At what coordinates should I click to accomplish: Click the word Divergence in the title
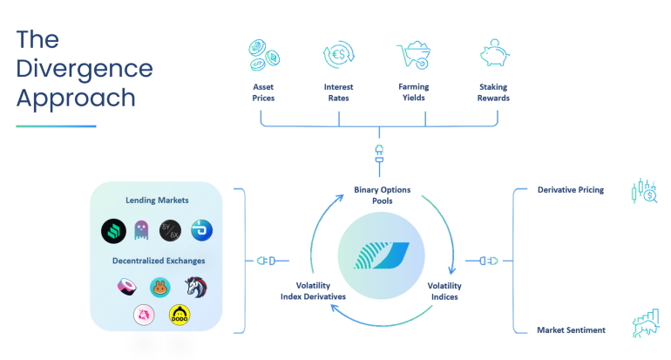(x=85, y=68)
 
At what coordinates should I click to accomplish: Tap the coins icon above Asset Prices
(x=263, y=54)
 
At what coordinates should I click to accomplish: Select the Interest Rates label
(x=337, y=92)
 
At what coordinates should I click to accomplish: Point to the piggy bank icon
(x=493, y=54)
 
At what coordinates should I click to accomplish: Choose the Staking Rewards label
(x=493, y=92)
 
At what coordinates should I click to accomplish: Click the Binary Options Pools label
(x=382, y=194)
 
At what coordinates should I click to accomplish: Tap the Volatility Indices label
(x=444, y=291)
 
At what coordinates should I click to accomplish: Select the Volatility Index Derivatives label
(x=313, y=291)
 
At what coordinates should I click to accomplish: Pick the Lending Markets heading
(x=157, y=200)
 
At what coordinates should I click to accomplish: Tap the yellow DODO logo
(x=180, y=314)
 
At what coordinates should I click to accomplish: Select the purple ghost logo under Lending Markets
(x=141, y=231)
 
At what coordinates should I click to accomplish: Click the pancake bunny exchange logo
(x=159, y=286)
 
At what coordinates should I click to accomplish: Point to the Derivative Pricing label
(x=571, y=189)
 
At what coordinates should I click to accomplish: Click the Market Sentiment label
(x=571, y=329)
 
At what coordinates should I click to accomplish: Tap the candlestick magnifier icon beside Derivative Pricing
(x=643, y=191)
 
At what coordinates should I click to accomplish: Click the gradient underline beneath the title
(x=56, y=126)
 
